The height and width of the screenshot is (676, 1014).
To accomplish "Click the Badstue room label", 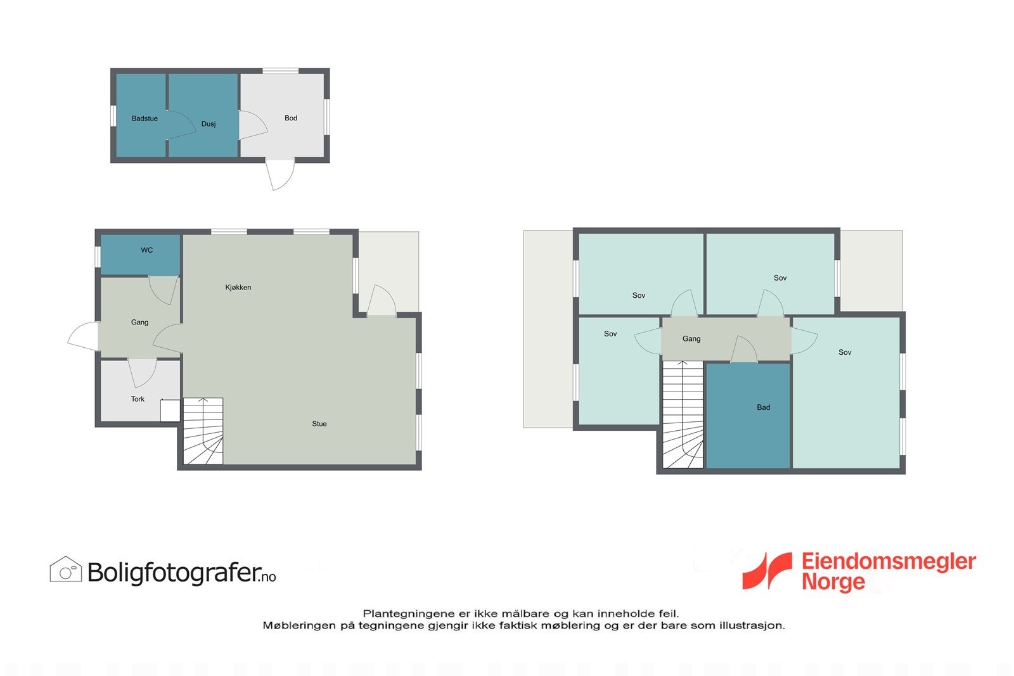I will tap(144, 118).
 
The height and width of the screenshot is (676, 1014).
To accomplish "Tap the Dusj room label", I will tap(209, 124).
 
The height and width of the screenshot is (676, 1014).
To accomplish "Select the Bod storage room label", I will tap(291, 118).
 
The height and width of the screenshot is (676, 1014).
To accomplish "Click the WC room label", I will tap(146, 250).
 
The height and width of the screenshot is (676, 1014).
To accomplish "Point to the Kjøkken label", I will tap(238, 288).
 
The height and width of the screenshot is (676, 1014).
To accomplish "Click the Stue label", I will tap(319, 424).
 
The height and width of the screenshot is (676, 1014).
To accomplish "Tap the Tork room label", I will tap(138, 399).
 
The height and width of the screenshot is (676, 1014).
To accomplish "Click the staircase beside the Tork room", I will tap(203, 431).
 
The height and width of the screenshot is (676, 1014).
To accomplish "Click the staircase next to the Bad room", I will tap(683, 415).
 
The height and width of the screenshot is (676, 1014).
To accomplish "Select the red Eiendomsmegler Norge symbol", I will tap(767, 570).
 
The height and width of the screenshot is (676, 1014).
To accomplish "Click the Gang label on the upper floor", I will tap(691, 339).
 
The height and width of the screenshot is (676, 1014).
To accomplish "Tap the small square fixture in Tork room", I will tap(170, 411).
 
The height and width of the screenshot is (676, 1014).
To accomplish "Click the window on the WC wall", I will tap(98, 257).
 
